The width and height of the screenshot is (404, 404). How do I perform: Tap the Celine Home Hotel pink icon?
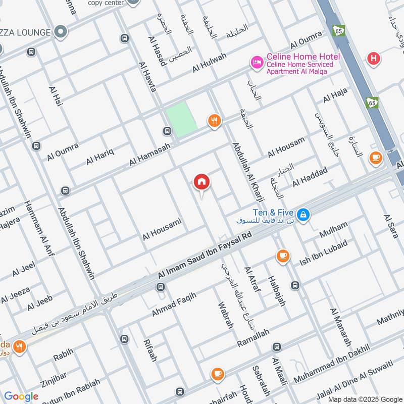pyautogui.click(x=257, y=63)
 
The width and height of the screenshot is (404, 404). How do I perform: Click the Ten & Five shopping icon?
pyautogui.click(x=302, y=215)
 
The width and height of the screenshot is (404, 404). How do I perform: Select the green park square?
pyautogui.click(x=181, y=119)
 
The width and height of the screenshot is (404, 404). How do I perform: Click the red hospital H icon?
pyautogui.click(x=373, y=59)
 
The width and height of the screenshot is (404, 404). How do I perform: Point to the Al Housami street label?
pyautogui.click(x=162, y=229)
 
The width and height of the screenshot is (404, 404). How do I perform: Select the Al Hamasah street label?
pyautogui.click(x=150, y=154)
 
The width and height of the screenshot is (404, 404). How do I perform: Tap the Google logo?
pyautogui.click(x=21, y=396)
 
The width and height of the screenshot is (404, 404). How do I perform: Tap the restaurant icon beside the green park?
pyautogui.click(x=215, y=121)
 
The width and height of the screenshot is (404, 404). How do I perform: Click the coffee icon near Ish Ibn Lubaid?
pyautogui.click(x=283, y=256)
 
